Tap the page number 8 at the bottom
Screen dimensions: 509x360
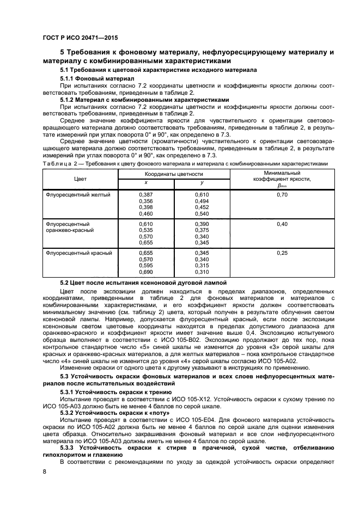[x=45, y=472]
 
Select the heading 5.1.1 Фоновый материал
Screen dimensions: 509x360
[x=96, y=78]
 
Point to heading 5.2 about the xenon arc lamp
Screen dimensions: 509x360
[x=143, y=283]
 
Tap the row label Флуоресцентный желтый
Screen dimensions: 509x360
[x=79, y=194]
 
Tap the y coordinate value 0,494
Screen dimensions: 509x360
[x=202, y=201]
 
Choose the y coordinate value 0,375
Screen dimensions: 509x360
[x=202, y=230]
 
